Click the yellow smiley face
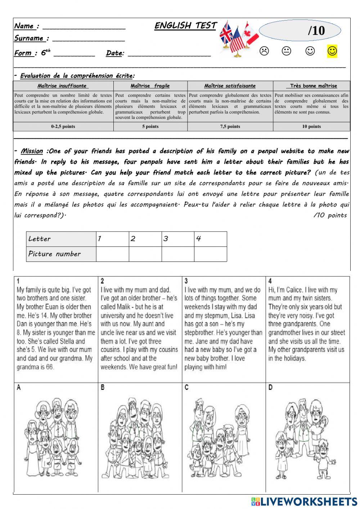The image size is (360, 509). coord(332,51)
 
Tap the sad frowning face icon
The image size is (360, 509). coord(264,51)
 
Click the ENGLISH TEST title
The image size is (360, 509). coord(185,26)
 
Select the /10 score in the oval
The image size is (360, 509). coord(316,31)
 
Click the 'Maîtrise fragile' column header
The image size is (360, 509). coord(150,86)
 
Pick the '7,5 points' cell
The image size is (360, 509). coord(230,126)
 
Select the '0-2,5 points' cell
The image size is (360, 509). coord(63,126)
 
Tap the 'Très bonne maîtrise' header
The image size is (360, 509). coord(311,86)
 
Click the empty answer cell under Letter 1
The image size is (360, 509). coord(112,254)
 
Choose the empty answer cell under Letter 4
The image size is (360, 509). coord(210,254)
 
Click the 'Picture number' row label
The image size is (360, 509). coord(55,254)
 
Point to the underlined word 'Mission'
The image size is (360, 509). coord(32,151)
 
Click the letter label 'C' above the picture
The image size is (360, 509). coord(186,388)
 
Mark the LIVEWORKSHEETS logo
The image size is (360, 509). coord(304,501)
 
